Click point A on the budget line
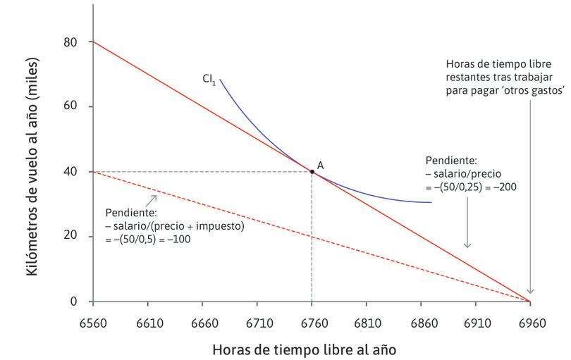pos(312,171)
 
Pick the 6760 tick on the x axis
pos(312,302)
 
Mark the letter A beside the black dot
pos(320,164)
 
